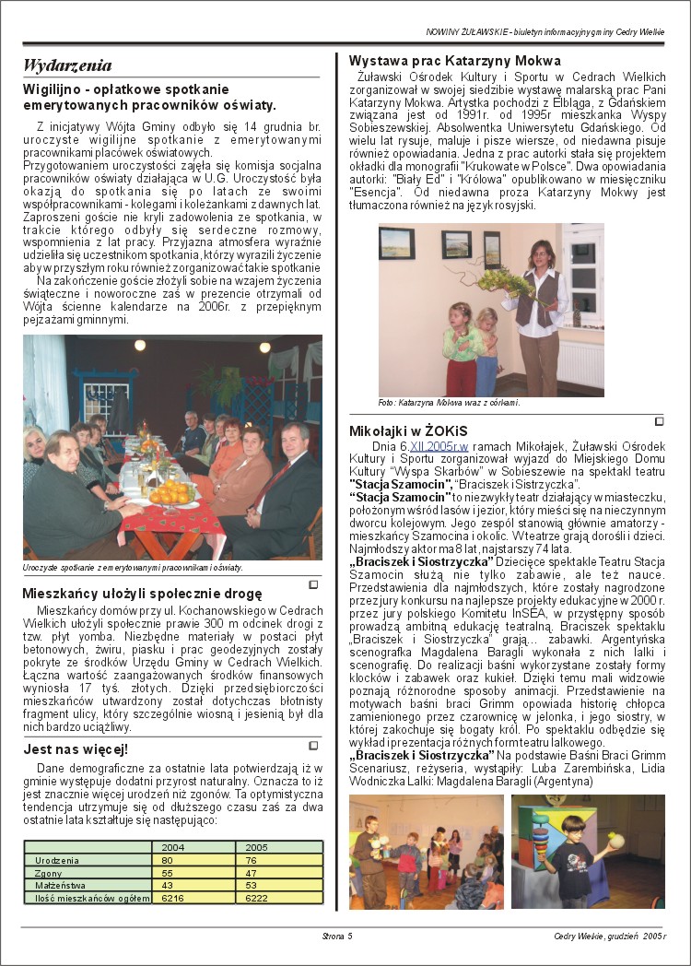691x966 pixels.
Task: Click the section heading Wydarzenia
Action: (x=67, y=65)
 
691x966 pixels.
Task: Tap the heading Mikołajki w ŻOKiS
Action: (x=408, y=430)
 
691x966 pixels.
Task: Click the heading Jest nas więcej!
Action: (x=76, y=749)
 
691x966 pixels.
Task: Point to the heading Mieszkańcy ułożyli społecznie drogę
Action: (x=142, y=593)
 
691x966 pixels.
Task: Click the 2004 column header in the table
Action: (x=172, y=846)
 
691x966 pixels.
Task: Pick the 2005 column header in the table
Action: (x=257, y=846)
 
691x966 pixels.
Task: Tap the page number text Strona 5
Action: (x=337, y=937)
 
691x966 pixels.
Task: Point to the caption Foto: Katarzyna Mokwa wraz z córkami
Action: (x=449, y=403)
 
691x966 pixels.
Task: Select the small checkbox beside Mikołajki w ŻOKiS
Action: (x=659, y=422)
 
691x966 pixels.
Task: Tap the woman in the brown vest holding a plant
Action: (x=537, y=304)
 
